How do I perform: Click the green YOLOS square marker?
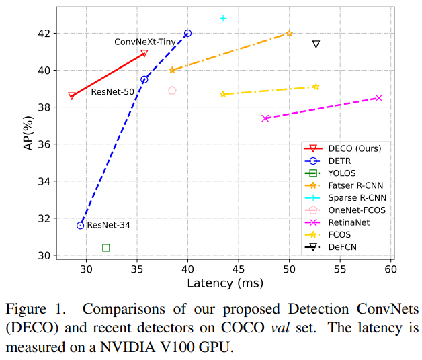coord(106,248)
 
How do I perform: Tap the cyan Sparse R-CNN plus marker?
coord(223,18)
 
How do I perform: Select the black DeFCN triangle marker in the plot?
coord(316,44)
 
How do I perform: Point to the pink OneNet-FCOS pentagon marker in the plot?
coord(172,90)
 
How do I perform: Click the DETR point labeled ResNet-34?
coord(81,226)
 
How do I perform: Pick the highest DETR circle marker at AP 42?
coord(187,33)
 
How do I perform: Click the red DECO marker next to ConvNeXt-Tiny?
coord(144,53)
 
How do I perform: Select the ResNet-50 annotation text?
coord(112,92)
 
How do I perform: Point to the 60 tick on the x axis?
coord(390,269)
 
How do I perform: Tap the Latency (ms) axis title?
coord(224,283)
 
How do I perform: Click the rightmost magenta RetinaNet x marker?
coord(379,98)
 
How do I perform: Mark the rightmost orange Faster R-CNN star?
coord(289,33)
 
